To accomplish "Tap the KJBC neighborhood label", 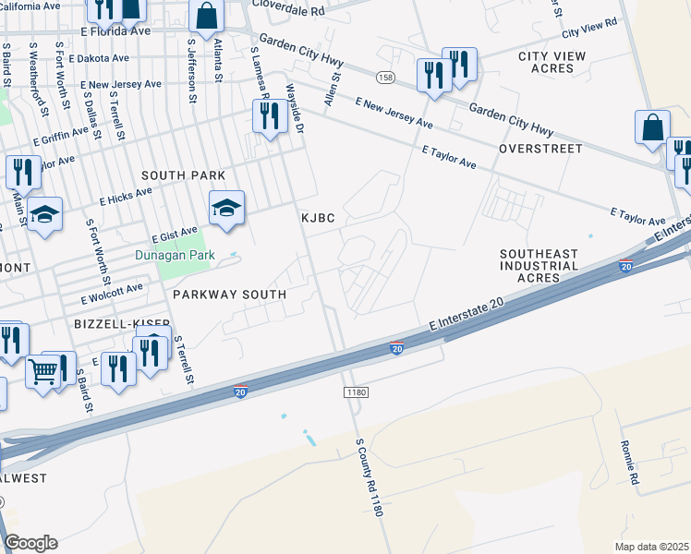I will pos(316,218).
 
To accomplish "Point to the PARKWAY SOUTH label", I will pos(228,294).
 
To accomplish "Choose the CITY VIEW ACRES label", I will pos(552,62).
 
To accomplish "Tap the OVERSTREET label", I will pos(540,148).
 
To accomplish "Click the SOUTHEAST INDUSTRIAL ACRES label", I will pos(539,266).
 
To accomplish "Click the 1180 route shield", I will pos(357,392).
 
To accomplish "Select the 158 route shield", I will pos(385,77).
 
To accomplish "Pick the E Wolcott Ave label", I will pos(112,294).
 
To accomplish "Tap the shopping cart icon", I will pos(42,371).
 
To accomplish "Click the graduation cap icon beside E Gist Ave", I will pos(226,208).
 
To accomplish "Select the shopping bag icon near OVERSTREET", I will pos(652,127).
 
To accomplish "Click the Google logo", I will pos(30,543).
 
